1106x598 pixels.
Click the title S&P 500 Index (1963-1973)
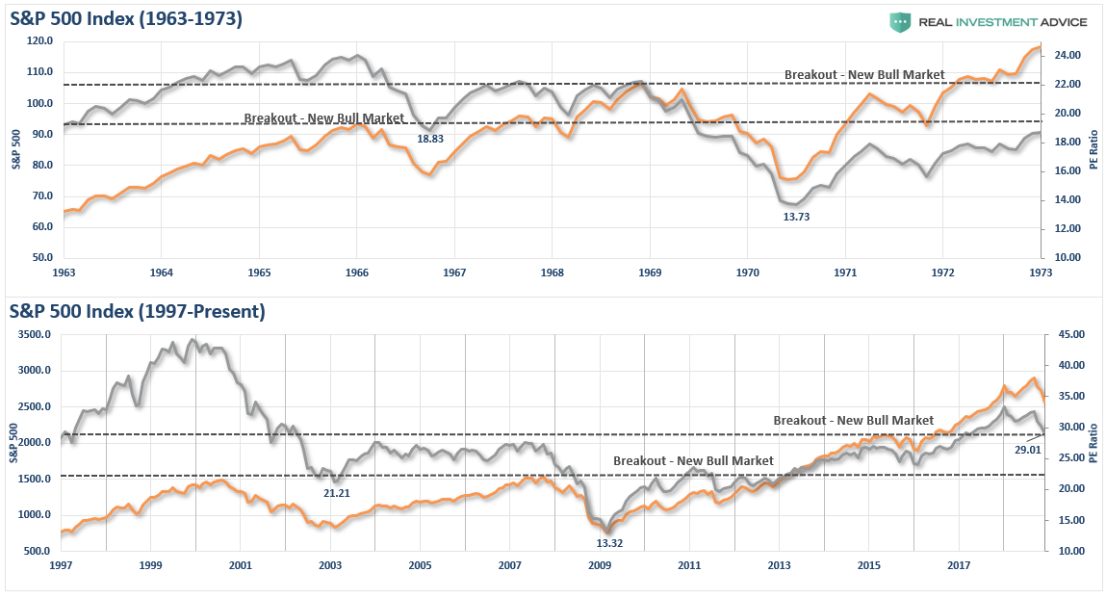pyautogui.click(x=126, y=18)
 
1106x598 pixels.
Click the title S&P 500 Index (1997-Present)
pyautogui.click(x=137, y=311)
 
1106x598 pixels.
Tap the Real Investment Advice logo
pyautogui.click(x=988, y=21)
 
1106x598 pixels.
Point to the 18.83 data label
pyautogui.click(x=429, y=139)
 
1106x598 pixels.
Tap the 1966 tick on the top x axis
pyautogui.click(x=356, y=273)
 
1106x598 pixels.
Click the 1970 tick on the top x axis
pyautogui.click(x=747, y=273)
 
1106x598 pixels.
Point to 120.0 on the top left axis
pyautogui.click(x=39, y=41)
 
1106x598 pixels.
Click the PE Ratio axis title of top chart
pyautogui.click(x=1093, y=151)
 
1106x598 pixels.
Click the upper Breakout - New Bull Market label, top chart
pyautogui.click(x=863, y=74)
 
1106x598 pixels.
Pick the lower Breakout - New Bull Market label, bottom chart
pyautogui.click(x=693, y=461)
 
